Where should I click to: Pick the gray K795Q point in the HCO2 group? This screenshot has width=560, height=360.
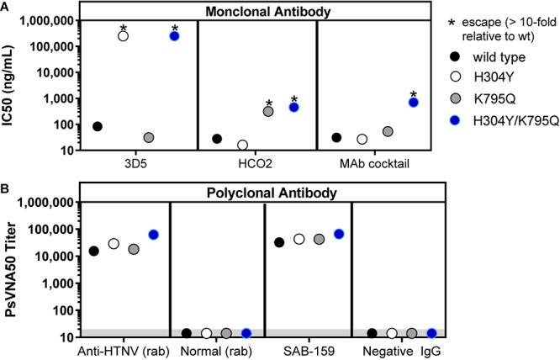[x=268, y=111]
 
